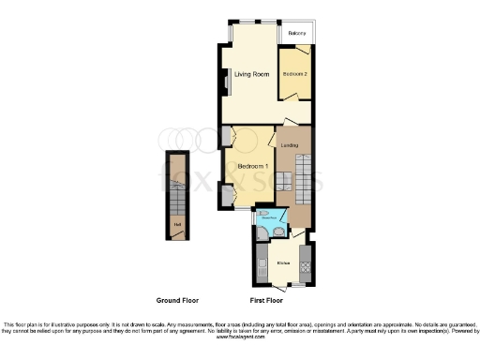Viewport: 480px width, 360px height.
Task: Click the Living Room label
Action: [x=252, y=74]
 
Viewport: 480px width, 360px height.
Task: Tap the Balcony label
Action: [x=297, y=34]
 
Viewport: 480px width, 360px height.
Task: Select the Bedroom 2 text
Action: [x=296, y=73]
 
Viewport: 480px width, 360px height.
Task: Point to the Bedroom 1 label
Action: [x=253, y=167]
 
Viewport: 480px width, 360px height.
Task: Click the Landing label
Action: [x=290, y=145]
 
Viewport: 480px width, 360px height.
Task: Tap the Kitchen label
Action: [x=283, y=263]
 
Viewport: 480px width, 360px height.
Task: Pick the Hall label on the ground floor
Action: [x=176, y=223]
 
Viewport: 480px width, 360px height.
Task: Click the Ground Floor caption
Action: [x=175, y=301]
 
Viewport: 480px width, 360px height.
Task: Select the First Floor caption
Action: [x=268, y=301]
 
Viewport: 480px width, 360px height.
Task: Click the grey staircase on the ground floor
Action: [x=175, y=184]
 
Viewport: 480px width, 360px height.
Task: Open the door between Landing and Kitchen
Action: [x=297, y=236]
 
